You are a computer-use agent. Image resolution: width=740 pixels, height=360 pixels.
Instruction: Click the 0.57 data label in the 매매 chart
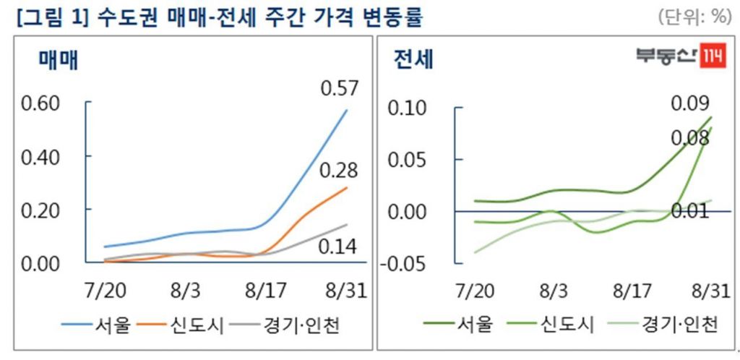(x=339, y=89)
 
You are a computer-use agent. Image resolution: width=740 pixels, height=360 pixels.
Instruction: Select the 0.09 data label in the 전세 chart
(x=690, y=103)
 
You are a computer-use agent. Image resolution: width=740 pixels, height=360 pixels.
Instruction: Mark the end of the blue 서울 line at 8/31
(x=348, y=110)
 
